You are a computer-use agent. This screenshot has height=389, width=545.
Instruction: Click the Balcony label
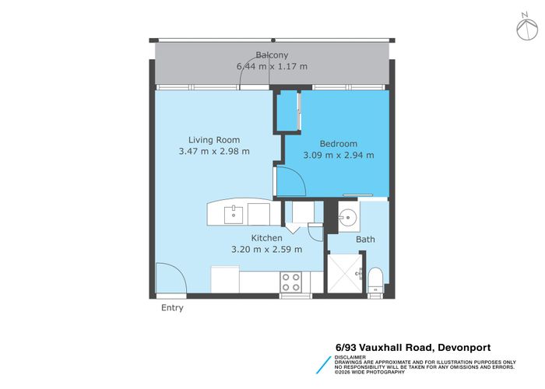click(x=272, y=55)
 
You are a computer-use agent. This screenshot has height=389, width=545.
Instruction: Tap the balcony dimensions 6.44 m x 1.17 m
click(x=272, y=67)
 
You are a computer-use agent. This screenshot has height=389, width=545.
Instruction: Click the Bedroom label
click(x=339, y=143)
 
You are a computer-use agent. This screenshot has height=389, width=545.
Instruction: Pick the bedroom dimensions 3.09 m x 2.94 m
click(x=339, y=155)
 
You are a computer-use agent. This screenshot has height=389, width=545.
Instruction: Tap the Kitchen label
click(x=265, y=238)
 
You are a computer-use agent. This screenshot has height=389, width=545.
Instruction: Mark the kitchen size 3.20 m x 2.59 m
click(x=265, y=250)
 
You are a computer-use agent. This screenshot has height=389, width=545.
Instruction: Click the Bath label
click(x=365, y=240)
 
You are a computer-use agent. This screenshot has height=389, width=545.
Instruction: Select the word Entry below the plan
click(x=172, y=308)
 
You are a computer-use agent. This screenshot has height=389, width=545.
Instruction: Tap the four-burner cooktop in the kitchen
click(x=291, y=280)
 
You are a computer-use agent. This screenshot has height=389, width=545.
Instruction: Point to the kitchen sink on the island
click(x=234, y=211)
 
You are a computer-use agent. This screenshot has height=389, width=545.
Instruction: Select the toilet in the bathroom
click(x=374, y=281)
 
